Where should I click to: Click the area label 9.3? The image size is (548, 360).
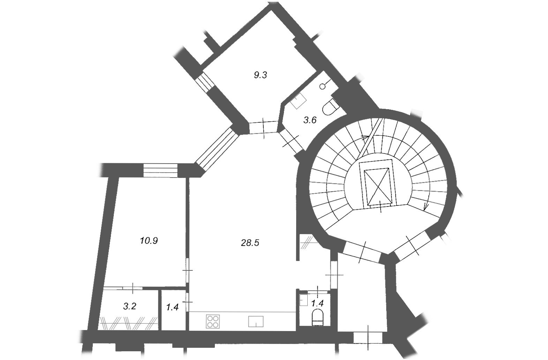click(x=260, y=75)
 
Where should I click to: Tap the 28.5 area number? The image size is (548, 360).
click(x=250, y=243)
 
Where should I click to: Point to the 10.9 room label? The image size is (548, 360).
click(x=149, y=241)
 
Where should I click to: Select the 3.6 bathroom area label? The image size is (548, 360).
click(x=310, y=120)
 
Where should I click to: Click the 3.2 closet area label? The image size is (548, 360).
click(x=130, y=306)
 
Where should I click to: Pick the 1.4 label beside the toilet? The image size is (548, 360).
click(x=317, y=303)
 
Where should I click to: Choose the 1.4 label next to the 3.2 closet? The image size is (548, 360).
click(x=172, y=307)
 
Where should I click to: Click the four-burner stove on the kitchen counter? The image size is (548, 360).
click(x=213, y=321)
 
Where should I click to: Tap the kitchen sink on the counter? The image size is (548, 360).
click(x=256, y=321)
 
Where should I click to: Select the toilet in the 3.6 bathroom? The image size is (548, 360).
click(x=330, y=107)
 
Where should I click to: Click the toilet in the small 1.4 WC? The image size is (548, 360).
click(x=318, y=317)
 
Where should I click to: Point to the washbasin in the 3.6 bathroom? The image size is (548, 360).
click(x=298, y=101)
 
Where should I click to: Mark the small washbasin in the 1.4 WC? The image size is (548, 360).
click(x=303, y=300)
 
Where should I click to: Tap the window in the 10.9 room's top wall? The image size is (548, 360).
click(x=160, y=170)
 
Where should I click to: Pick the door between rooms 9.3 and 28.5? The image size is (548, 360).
click(x=263, y=128)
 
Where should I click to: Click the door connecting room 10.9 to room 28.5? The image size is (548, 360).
click(x=187, y=270)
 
